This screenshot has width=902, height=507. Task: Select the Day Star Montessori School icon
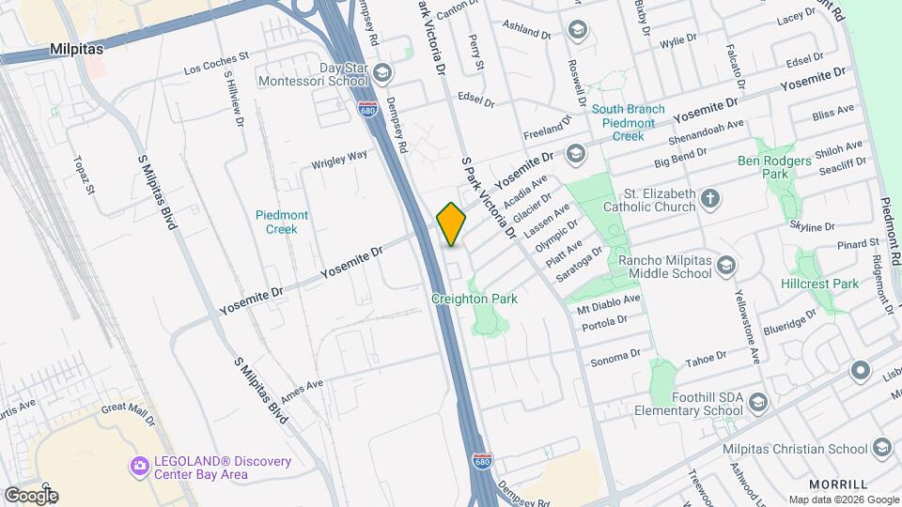pyautogui.click(x=382, y=73)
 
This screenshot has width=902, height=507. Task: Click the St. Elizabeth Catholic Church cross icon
pyautogui.click(x=711, y=198)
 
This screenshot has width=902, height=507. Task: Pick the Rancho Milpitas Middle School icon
pyautogui.click(x=725, y=267)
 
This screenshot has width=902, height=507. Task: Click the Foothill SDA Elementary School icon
pyautogui.click(x=759, y=403)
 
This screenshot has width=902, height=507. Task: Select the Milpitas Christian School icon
pyautogui.click(x=880, y=449)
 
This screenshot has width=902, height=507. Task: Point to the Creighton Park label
pyautogui.click(x=474, y=299)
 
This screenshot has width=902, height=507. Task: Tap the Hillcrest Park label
pyautogui.click(x=819, y=283)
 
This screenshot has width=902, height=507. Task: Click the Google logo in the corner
pyautogui.click(x=30, y=495)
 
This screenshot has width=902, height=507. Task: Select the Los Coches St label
pyautogui.click(x=216, y=63)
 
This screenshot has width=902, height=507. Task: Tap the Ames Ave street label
pyautogui.click(x=301, y=385)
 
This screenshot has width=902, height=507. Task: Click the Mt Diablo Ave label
pyautogui.click(x=608, y=303)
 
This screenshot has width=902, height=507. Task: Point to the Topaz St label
pyautogui.click(x=83, y=176)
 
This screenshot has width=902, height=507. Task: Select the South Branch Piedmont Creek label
pyautogui.click(x=629, y=122)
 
